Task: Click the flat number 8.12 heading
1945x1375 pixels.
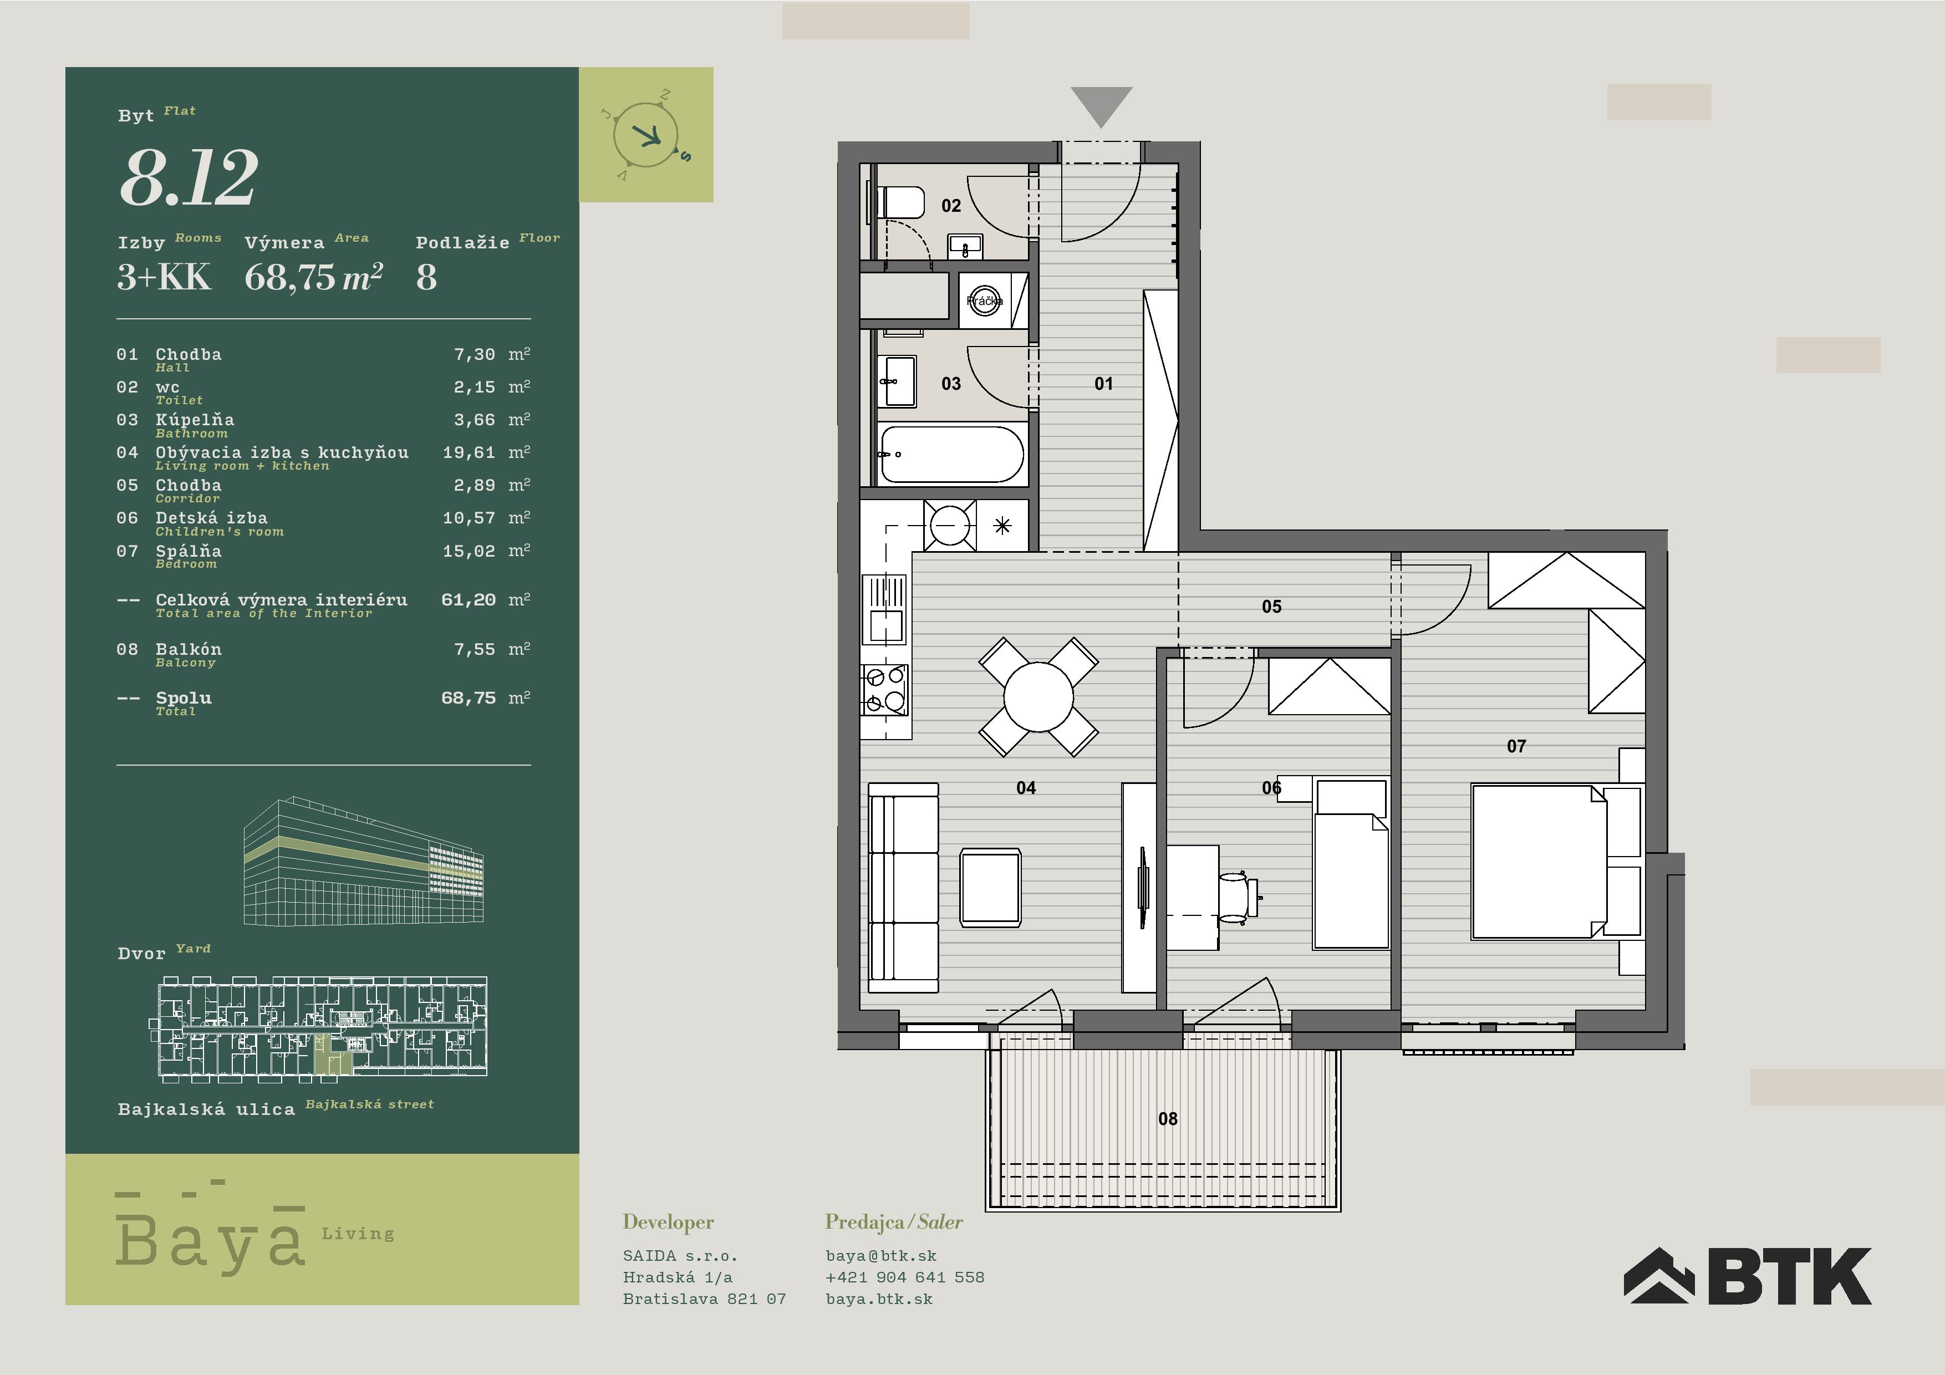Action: point(188,178)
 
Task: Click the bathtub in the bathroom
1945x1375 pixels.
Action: point(951,454)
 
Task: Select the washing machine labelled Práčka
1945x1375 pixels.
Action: point(984,301)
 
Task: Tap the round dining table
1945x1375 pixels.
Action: point(1038,696)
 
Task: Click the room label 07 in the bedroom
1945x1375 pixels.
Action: point(1516,746)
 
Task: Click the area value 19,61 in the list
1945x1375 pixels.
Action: point(469,452)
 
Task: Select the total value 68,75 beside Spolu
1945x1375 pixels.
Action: point(469,698)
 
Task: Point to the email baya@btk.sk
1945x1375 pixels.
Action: point(881,1256)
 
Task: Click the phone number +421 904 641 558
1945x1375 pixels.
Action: point(905,1277)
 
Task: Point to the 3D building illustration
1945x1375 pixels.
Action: point(363,860)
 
